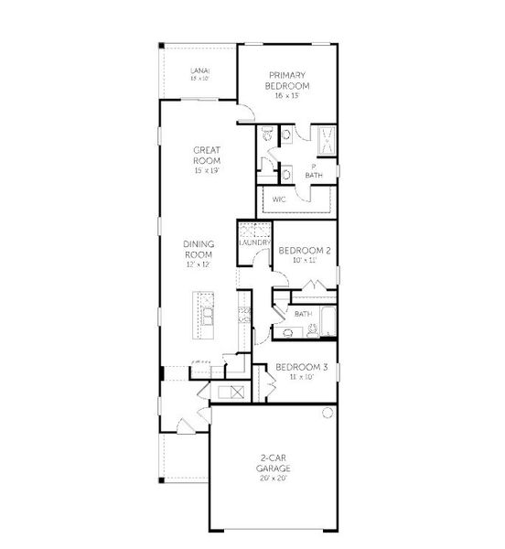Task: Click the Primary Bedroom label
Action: tap(286, 81)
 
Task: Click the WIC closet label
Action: tap(275, 199)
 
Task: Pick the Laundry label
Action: tap(252, 242)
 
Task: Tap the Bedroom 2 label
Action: tap(304, 250)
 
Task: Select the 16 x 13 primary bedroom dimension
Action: tap(286, 96)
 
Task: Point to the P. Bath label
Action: tap(314, 172)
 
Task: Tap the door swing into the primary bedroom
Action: tap(245, 114)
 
